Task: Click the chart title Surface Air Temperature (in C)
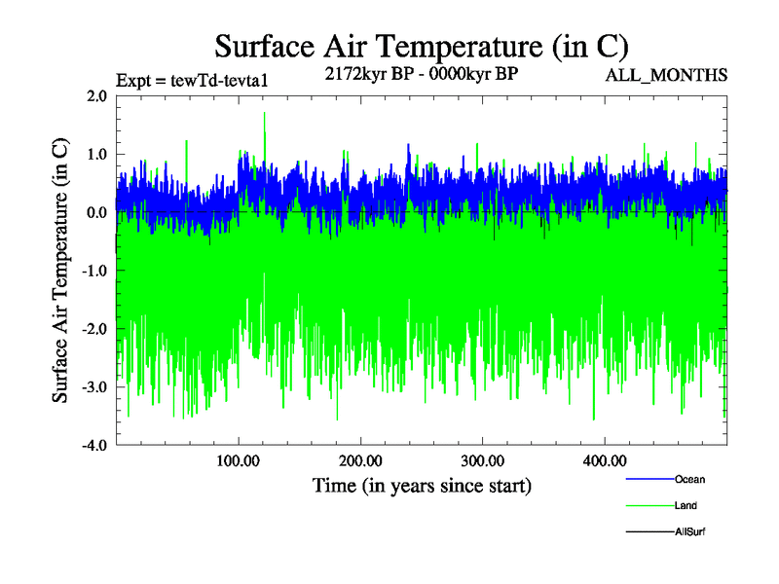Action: pos(421,46)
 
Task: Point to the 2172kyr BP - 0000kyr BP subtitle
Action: pos(421,75)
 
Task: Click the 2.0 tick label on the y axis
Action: pos(96,95)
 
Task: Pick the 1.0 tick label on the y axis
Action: pos(96,154)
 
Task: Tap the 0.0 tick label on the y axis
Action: pos(96,212)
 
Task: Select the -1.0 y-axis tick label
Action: pos(93,271)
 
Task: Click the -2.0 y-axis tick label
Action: pos(93,329)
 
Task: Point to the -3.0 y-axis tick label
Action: pos(93,387)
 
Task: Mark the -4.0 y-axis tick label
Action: pos(93,446)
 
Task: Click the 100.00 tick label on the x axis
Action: pos(239,460)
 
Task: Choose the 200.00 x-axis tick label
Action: pos(360,460)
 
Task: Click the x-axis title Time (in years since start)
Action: pos(422,485)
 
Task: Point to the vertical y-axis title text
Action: pos(61,271)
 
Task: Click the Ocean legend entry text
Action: pos(689,479)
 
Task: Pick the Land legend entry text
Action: pos(686,505)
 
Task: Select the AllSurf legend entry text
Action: pos(689,531)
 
